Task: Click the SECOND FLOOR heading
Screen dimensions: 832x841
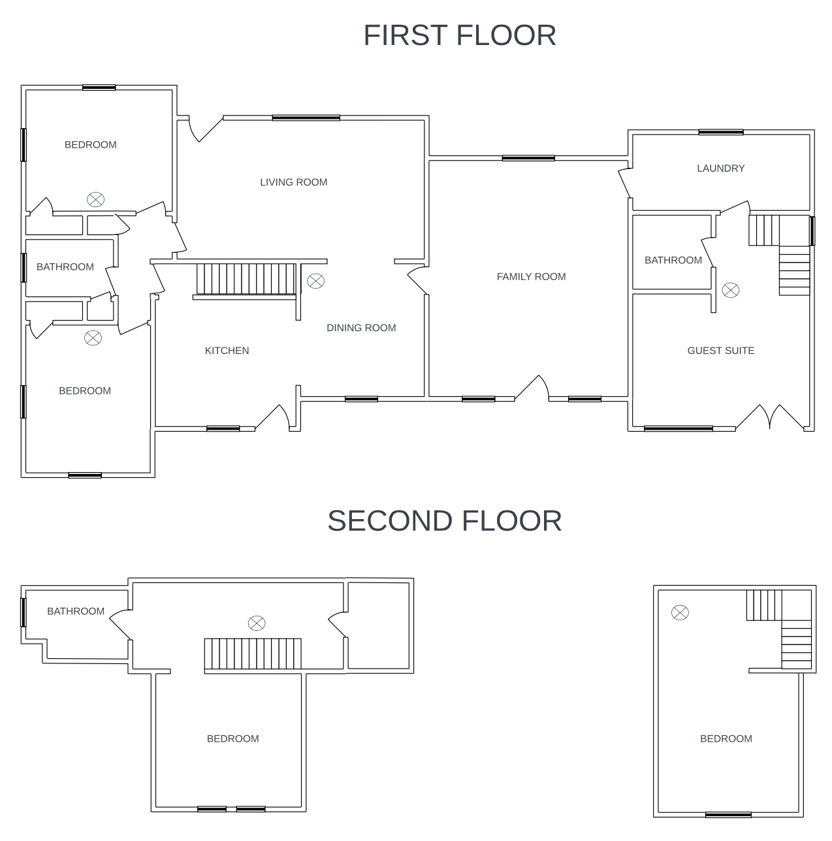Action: (x=444, y=520)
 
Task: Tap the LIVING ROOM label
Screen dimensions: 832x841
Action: (x=293, y=182)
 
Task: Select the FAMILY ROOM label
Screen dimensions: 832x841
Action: (x=531, y=276)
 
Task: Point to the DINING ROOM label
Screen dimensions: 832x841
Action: (x=361, y=328)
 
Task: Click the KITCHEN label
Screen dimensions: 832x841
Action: (x=227, y=351)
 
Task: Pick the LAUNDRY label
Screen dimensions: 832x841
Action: (x=720, y=168)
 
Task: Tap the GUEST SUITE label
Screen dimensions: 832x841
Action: (x=720, y=351)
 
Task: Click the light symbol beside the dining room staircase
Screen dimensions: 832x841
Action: (x=315, y=281)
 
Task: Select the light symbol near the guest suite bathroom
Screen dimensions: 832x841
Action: (x=730, y=290)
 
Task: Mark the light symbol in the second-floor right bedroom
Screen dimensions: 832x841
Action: (x=680, y=612)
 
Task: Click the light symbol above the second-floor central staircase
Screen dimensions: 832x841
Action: (x=256, y=623)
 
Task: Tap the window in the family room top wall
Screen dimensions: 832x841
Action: (x=528, y=158)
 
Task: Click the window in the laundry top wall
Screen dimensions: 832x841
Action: (x=721, y=133)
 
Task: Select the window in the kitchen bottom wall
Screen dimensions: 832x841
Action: (x=223, y=428)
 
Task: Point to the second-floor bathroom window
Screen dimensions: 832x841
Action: (x=24, y=612)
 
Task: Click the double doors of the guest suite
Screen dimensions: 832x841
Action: (x=769, y=418)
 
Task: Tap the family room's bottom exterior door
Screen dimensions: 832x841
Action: (x=532, y=388)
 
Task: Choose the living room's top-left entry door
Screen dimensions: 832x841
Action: (x=206, y=129)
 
